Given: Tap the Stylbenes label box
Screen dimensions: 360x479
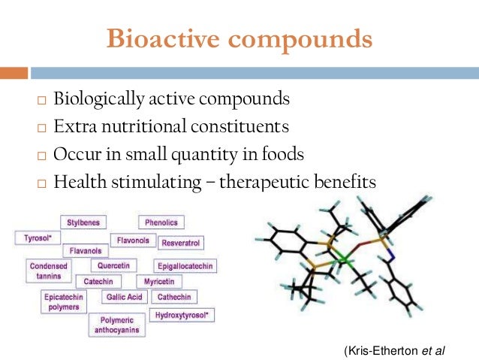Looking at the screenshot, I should (x=83, y=222).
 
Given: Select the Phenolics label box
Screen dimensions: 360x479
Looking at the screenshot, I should (x=161, y=222).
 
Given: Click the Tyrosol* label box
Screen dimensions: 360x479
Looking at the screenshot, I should (x=34, y=237).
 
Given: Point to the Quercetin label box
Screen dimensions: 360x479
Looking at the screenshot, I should (x=113, y=265).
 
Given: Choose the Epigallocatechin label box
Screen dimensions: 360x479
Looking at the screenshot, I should (x=185, y=266).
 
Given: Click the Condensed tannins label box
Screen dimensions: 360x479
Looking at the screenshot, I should (x=48, y=271).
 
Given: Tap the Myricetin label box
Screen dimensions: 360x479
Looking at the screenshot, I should (x=159, y=281).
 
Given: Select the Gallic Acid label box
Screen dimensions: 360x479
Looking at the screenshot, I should (x=124, y=297).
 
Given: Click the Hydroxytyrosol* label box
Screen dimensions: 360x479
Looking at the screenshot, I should (x=182, y=314).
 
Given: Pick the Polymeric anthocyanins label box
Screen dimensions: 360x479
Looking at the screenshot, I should (x=115, y=325).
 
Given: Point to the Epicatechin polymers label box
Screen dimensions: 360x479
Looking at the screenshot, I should (x=63, y=302).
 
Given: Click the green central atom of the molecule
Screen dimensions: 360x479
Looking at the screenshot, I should (x=342, y=260).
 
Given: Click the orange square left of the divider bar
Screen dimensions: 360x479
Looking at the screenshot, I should (x=14, y=74).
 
